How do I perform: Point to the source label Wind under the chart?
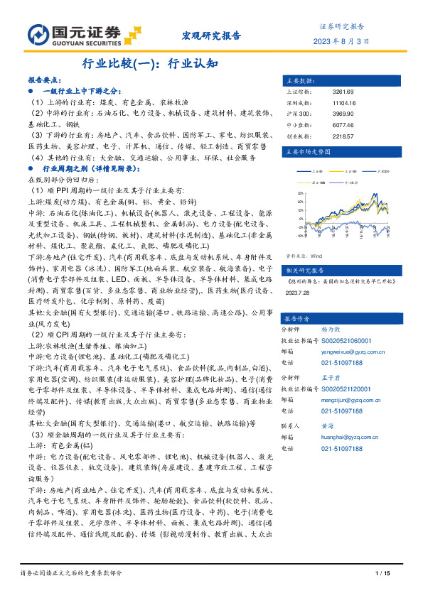(x=316, y=254)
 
